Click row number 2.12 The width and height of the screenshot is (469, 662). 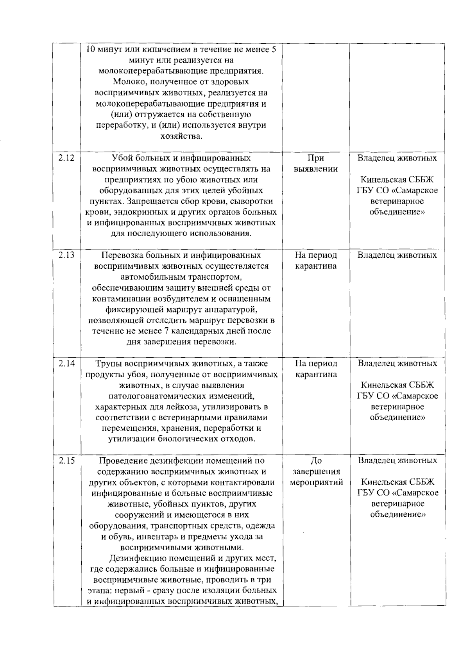pos(66,159)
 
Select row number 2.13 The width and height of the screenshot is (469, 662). pos(66,255)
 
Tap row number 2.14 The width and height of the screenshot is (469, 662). pos(66,364)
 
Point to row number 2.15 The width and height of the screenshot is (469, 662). pos(66,460)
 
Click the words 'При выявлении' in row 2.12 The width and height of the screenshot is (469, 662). pos(316,164)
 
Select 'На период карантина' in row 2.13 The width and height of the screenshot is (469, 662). pos(316,261)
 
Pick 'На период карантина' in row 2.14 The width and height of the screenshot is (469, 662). pos(316,369)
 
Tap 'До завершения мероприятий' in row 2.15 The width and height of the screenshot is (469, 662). pos(316,471)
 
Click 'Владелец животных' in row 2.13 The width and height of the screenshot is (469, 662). pos(397,255)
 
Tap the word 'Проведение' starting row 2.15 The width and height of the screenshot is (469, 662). pos(123,460)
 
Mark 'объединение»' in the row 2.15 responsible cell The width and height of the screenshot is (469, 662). pos(397,514)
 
